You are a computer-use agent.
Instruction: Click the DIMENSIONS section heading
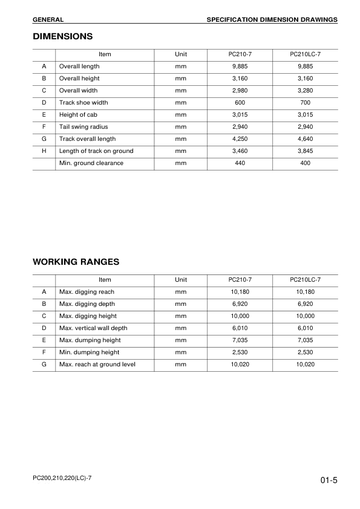click(x=62, y=36)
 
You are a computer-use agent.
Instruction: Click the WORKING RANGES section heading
click(x=76, y=262)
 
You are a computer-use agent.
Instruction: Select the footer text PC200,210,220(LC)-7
click(x=62, y=478)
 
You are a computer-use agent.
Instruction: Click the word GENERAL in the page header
click(x=48, y=20)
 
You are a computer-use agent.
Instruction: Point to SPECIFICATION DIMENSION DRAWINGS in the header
click(x=272, y=20)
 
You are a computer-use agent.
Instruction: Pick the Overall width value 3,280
click(x=305, y=91)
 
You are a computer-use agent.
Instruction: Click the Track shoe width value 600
click(x=240, y=103)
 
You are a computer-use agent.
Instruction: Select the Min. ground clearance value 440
click(x=240, y=163)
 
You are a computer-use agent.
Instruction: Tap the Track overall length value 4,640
click(x=305, y=139)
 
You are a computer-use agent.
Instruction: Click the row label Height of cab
click(x=78, y=115)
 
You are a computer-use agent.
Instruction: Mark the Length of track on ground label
click(x=96, y=151)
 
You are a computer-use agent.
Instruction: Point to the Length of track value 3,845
click(x=305, y=151)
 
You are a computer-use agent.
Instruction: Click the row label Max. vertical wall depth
click(x=93, y=328)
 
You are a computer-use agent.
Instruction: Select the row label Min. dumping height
click(x=89, y=352)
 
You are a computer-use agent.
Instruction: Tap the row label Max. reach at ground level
click(x=97, y=365)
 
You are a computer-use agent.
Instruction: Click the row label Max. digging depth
click(x=87, y=304)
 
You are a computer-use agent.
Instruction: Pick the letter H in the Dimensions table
click(x=44, y=151)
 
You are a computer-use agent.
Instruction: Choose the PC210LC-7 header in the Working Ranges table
click(x=305, y=280)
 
